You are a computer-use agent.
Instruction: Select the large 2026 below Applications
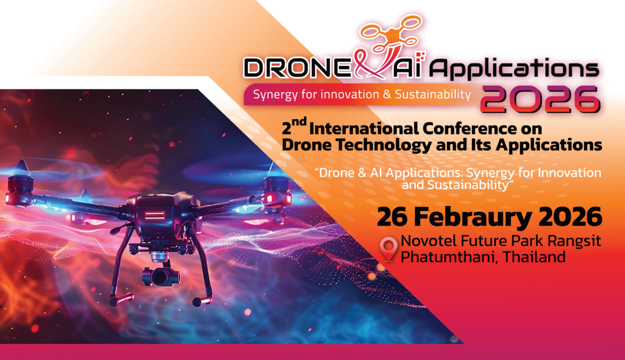[540, 99]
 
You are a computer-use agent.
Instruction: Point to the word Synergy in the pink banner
[272, 94]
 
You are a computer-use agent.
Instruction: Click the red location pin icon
[388, 248]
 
